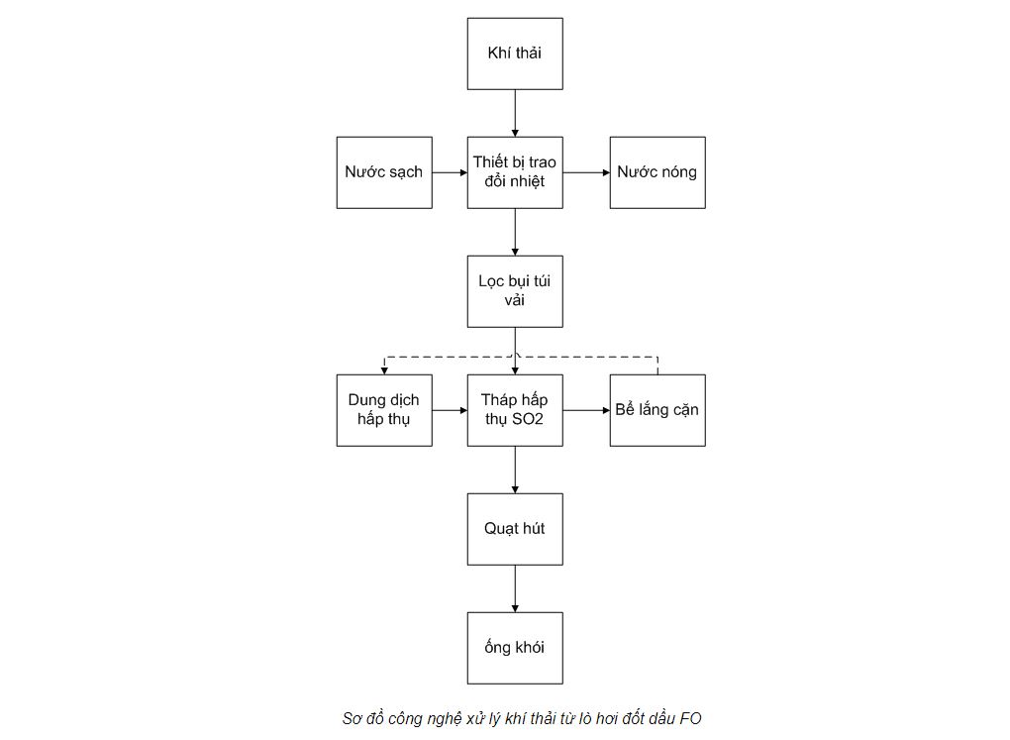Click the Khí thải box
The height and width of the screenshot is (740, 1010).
pyautogui.click(x=515, y=53)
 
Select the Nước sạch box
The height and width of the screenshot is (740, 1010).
pyautogui.click(x=384, y=172)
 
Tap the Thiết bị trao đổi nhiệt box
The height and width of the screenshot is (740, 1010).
pyautogui.click(x=515, y=172)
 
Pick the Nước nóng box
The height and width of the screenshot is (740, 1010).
pyautogui.click(x=657, y=172)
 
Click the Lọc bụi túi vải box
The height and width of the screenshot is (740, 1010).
pyautogui.click(x=515, y=291)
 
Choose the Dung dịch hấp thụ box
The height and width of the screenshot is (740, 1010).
pyautogui.click(x=384, y=410)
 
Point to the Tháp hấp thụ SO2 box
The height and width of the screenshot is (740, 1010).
pyautogui.click(x=515, y=410)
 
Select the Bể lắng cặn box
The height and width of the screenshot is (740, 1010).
pyautogui.click(x=657, y=410)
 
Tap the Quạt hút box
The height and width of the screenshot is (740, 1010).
pyautogui.click(x=515, y=529)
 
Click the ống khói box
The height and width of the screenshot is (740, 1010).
pyautogui.click(x=515, y=648)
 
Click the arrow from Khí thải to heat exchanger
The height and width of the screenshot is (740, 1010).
pyautogui.click(x=515, y=113)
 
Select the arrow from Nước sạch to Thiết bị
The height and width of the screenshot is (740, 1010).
pyautogui.click(x=450, y=172)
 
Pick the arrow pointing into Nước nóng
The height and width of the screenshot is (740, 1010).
pyautogui.click(x=586, y=172)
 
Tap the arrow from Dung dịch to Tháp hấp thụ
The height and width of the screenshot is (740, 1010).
pyautogui.click(x=450, y=410)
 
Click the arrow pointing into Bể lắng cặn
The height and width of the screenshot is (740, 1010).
pyautogui.click(x=586, y=410)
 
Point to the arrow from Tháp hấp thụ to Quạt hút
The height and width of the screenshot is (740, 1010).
pyautogui.click(x=515, y=470)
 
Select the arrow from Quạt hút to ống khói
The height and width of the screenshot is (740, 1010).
pyautogui.click(x=515, y=588)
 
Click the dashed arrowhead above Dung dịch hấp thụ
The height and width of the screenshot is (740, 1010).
pyautogui.click(x=384, y=370)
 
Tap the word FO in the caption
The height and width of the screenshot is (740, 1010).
pyautogui.click(x=690, y=718)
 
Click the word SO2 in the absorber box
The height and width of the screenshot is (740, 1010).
pyautogui.click(x=528, y=419)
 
